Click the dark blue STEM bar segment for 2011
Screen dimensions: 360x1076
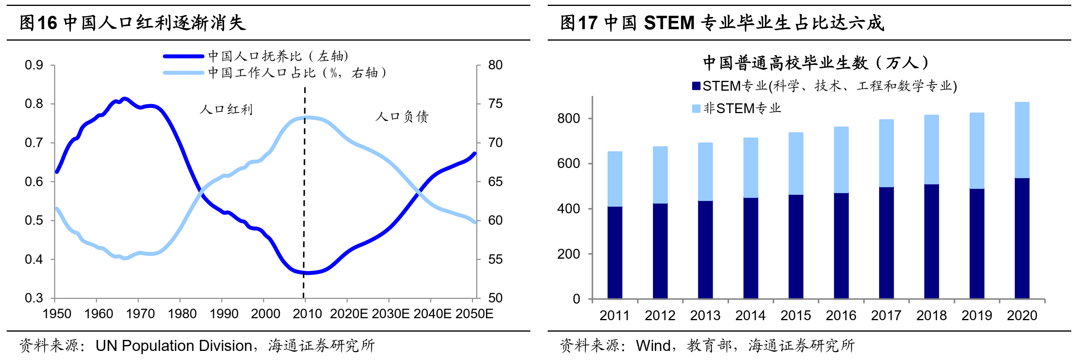(x=614, y=252)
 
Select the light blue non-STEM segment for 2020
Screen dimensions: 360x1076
(x=1022, y=140)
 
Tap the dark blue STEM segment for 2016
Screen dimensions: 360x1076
(x=841, y=246)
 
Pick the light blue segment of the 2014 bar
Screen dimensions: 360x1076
(x=750, y=168)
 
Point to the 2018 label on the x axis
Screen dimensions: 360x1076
(x=931, y=315)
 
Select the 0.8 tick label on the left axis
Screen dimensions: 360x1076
(x=34, y=104)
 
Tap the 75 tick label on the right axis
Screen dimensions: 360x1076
(x=496, y=104)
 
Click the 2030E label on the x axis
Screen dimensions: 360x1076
(x=391, y=313)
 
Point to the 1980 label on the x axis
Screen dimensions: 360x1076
(x=182, y=313)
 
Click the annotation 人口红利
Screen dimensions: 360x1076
(x=226, y=110)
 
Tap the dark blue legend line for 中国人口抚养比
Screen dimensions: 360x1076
(x=183, y=56)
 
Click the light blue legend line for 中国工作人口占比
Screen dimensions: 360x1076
(x=183, y=73)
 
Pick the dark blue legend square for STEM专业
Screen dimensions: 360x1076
(x=696, y=86)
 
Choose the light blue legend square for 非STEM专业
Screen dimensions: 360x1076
(x=696, y=108)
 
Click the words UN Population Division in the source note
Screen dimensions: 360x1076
(x=174, y=346)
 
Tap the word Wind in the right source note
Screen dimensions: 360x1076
(x=653, y=346)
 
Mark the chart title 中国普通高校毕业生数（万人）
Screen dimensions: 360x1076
(x=815, y=63)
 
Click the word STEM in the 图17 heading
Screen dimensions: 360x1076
(x=669, y=22)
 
